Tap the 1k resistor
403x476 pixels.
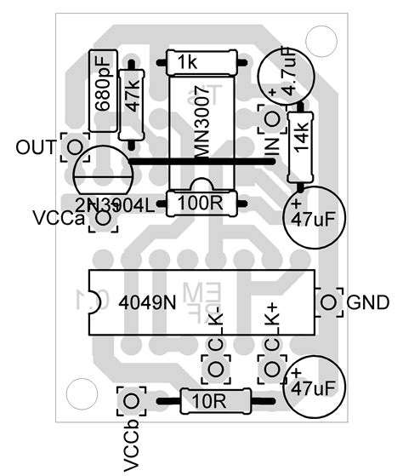(x=201, y=62)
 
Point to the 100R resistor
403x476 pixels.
(x=201, y=203)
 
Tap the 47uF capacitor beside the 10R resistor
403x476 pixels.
(x=315, y=387)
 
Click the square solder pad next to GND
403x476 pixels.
(x=327, y=301)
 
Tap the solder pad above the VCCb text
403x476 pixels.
(x=130, y=400)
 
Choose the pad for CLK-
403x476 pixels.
(x=215, y=369)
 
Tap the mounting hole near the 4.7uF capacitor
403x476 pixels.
(x=322, y=37)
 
